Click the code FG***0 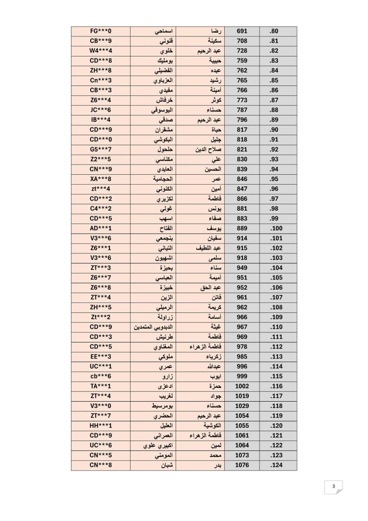(x=101, y=31)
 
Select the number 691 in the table (x=242, y=31)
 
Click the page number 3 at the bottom (x=334, y=487)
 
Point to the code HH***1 (x=101, y=425)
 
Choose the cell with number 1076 (x=242, y=465)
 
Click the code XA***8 (x=101, y=179)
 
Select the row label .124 (x=275, y=465)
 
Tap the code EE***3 (x=101, y=356)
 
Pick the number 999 (x=242, y=376)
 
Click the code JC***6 (x=101, y=110)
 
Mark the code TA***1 (x=101, y=386)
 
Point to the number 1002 (x=242, y=386)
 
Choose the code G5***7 (x=101, y=149)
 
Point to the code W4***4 (x=101, y=51)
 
